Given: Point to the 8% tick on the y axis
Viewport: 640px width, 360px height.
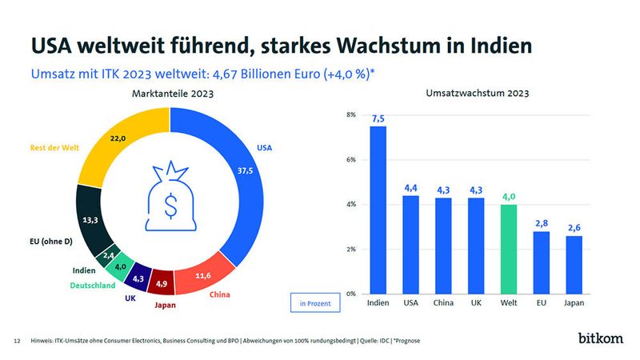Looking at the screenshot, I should pos(351,115).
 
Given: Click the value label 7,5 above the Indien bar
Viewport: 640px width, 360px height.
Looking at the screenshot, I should pos(378,118).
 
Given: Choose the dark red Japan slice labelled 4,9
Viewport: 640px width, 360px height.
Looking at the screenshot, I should pos(161,283).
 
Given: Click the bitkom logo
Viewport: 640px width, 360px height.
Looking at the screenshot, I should pos(600,339).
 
